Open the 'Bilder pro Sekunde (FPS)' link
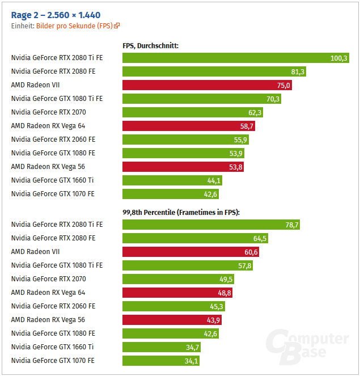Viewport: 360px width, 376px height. pos(74,26)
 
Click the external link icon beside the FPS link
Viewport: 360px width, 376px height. pos(117,26)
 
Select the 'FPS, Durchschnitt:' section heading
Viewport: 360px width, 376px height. pos(151,45)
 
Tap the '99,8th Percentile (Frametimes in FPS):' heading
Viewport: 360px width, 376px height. pos(181,212)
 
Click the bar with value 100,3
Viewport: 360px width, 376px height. pos(236,58)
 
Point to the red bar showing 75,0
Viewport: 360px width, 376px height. pos(207,85)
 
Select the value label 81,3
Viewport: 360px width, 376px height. pos(298,71)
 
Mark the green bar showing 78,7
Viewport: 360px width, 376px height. pos(211,225)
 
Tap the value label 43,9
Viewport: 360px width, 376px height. pos(213,320)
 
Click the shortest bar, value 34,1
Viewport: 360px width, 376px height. pos(161,361)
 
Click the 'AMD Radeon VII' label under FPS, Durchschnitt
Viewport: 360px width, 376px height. pos(35,85)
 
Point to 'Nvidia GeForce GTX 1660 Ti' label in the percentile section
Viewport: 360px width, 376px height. pos(53,347)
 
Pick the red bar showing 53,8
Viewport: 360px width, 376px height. pos(183,167)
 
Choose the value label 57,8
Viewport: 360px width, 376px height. pos(244,265)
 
